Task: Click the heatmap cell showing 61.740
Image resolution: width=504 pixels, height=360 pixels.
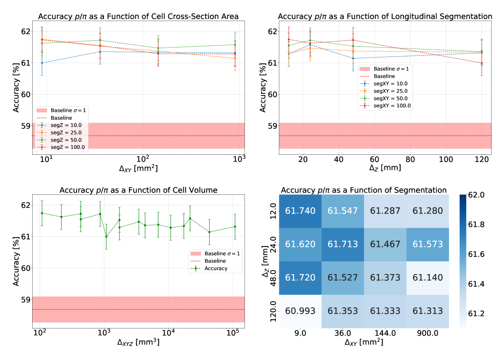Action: [300, 211]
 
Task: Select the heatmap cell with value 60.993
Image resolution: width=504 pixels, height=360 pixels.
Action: [300, 311]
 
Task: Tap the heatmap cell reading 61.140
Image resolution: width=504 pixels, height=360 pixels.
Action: [427, 278]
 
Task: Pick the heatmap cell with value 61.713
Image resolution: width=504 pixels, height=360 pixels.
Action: [342, 244]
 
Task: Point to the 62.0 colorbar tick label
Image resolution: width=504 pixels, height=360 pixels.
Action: [476, 195]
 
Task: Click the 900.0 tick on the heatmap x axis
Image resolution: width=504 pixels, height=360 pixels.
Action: [427, 333]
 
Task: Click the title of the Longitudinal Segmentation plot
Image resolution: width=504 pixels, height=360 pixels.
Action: [385, 16]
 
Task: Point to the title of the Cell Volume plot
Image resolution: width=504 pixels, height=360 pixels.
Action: [138, 190]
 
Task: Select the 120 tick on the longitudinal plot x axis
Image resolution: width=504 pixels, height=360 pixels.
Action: [482, 159]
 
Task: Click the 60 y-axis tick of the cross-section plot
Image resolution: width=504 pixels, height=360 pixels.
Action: [26, 94]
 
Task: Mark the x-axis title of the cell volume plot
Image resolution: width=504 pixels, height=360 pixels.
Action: [138, 343]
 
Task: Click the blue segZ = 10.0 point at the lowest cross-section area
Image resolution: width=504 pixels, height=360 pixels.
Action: [42, 63]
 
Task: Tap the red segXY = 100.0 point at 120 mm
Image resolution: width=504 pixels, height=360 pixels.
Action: [482, 63]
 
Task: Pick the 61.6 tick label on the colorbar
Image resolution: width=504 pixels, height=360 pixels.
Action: [476, 255]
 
